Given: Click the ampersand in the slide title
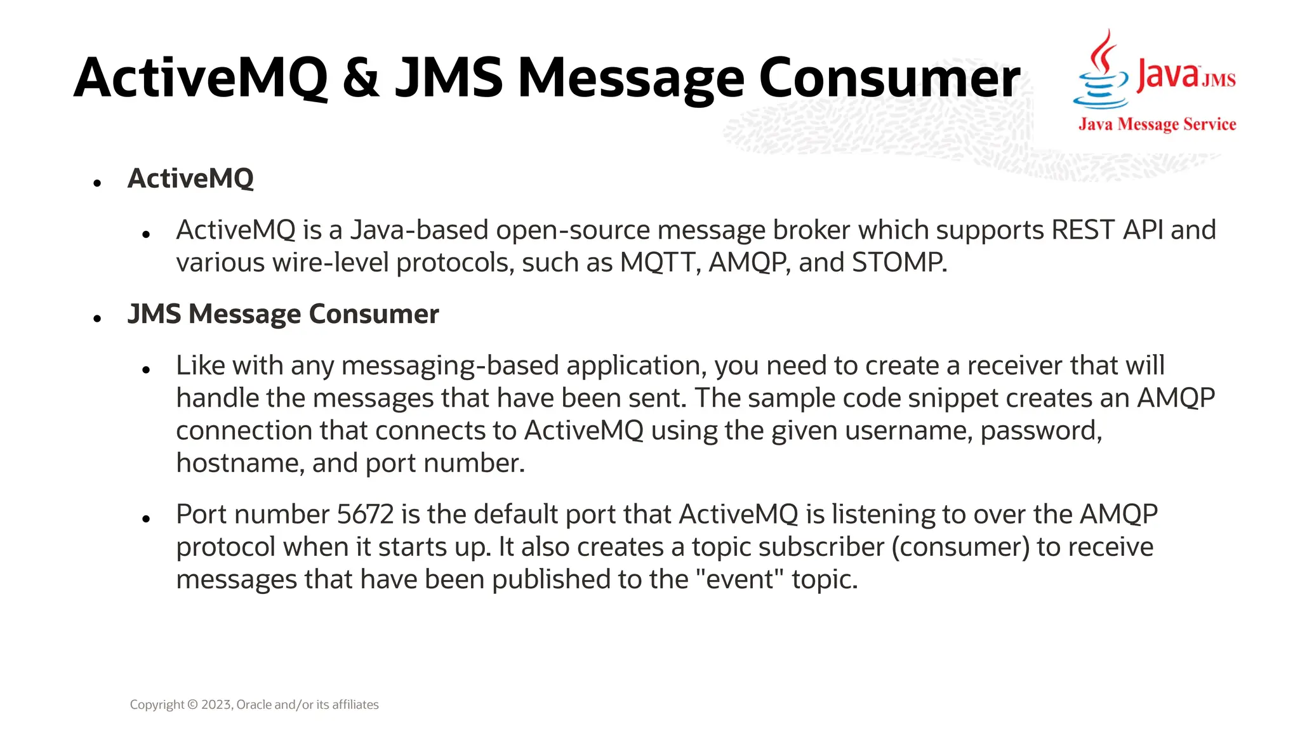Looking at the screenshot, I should click(361, 79).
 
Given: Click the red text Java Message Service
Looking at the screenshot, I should click(1157, 124).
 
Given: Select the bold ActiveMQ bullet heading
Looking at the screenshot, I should click(190, 179).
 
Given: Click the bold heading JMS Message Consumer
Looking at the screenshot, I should click(283, 315).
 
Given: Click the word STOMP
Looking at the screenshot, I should click(899, 263).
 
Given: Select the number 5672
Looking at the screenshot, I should click(365, 515).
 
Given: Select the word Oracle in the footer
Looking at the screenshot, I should click(254, 705).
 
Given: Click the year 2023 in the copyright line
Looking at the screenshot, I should click(217, 705).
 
